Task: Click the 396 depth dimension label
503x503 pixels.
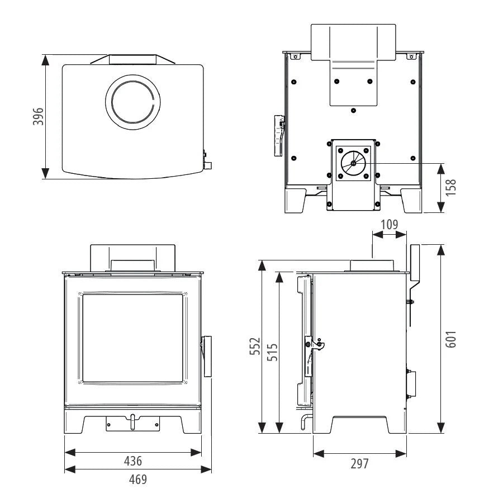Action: [x=38, y=116]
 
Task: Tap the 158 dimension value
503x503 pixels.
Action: [x=450, y=188]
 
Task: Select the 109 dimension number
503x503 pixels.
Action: [x=390, y=225]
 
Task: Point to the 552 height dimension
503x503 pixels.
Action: [x=255, y=346]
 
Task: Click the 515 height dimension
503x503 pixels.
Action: [x=272, y=352]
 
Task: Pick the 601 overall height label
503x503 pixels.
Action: [x=450, y=339]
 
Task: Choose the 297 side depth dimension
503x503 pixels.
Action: [x=359, y=464]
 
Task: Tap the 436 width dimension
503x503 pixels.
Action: [x=133, y=461]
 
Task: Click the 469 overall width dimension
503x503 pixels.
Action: [x=138, y=480]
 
